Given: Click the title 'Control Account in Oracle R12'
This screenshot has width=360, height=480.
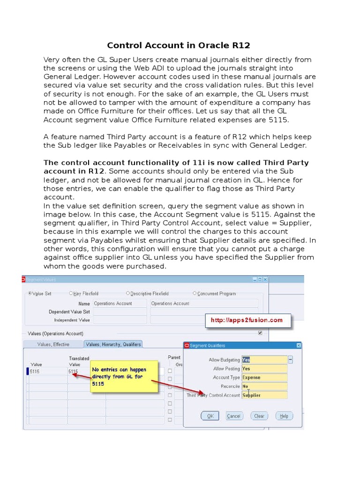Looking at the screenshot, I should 179,45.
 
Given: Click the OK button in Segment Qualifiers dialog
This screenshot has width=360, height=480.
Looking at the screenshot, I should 210,416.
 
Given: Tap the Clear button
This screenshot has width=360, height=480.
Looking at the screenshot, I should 259,416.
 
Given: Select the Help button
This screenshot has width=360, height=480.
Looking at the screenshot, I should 284,416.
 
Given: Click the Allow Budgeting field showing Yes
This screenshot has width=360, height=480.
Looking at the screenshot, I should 264,360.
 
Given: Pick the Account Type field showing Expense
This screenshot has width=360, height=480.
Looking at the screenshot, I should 264,377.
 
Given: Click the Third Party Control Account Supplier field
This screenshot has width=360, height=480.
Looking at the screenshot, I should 264,395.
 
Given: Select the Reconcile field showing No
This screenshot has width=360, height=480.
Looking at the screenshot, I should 264,386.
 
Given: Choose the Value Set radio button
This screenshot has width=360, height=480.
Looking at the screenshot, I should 30,293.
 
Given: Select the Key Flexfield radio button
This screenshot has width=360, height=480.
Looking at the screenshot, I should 71,293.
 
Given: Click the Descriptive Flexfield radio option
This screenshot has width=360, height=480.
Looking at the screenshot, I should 128,293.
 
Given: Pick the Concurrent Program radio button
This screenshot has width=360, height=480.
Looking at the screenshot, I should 195,293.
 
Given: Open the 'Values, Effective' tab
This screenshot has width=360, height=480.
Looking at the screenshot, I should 53,344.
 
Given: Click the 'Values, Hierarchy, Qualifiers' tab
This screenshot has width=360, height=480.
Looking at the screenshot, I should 112,344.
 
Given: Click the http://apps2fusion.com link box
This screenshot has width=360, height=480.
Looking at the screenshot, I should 247,320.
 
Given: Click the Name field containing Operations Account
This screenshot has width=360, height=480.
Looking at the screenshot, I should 120,303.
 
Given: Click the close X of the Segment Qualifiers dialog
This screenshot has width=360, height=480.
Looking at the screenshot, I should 299,345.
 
